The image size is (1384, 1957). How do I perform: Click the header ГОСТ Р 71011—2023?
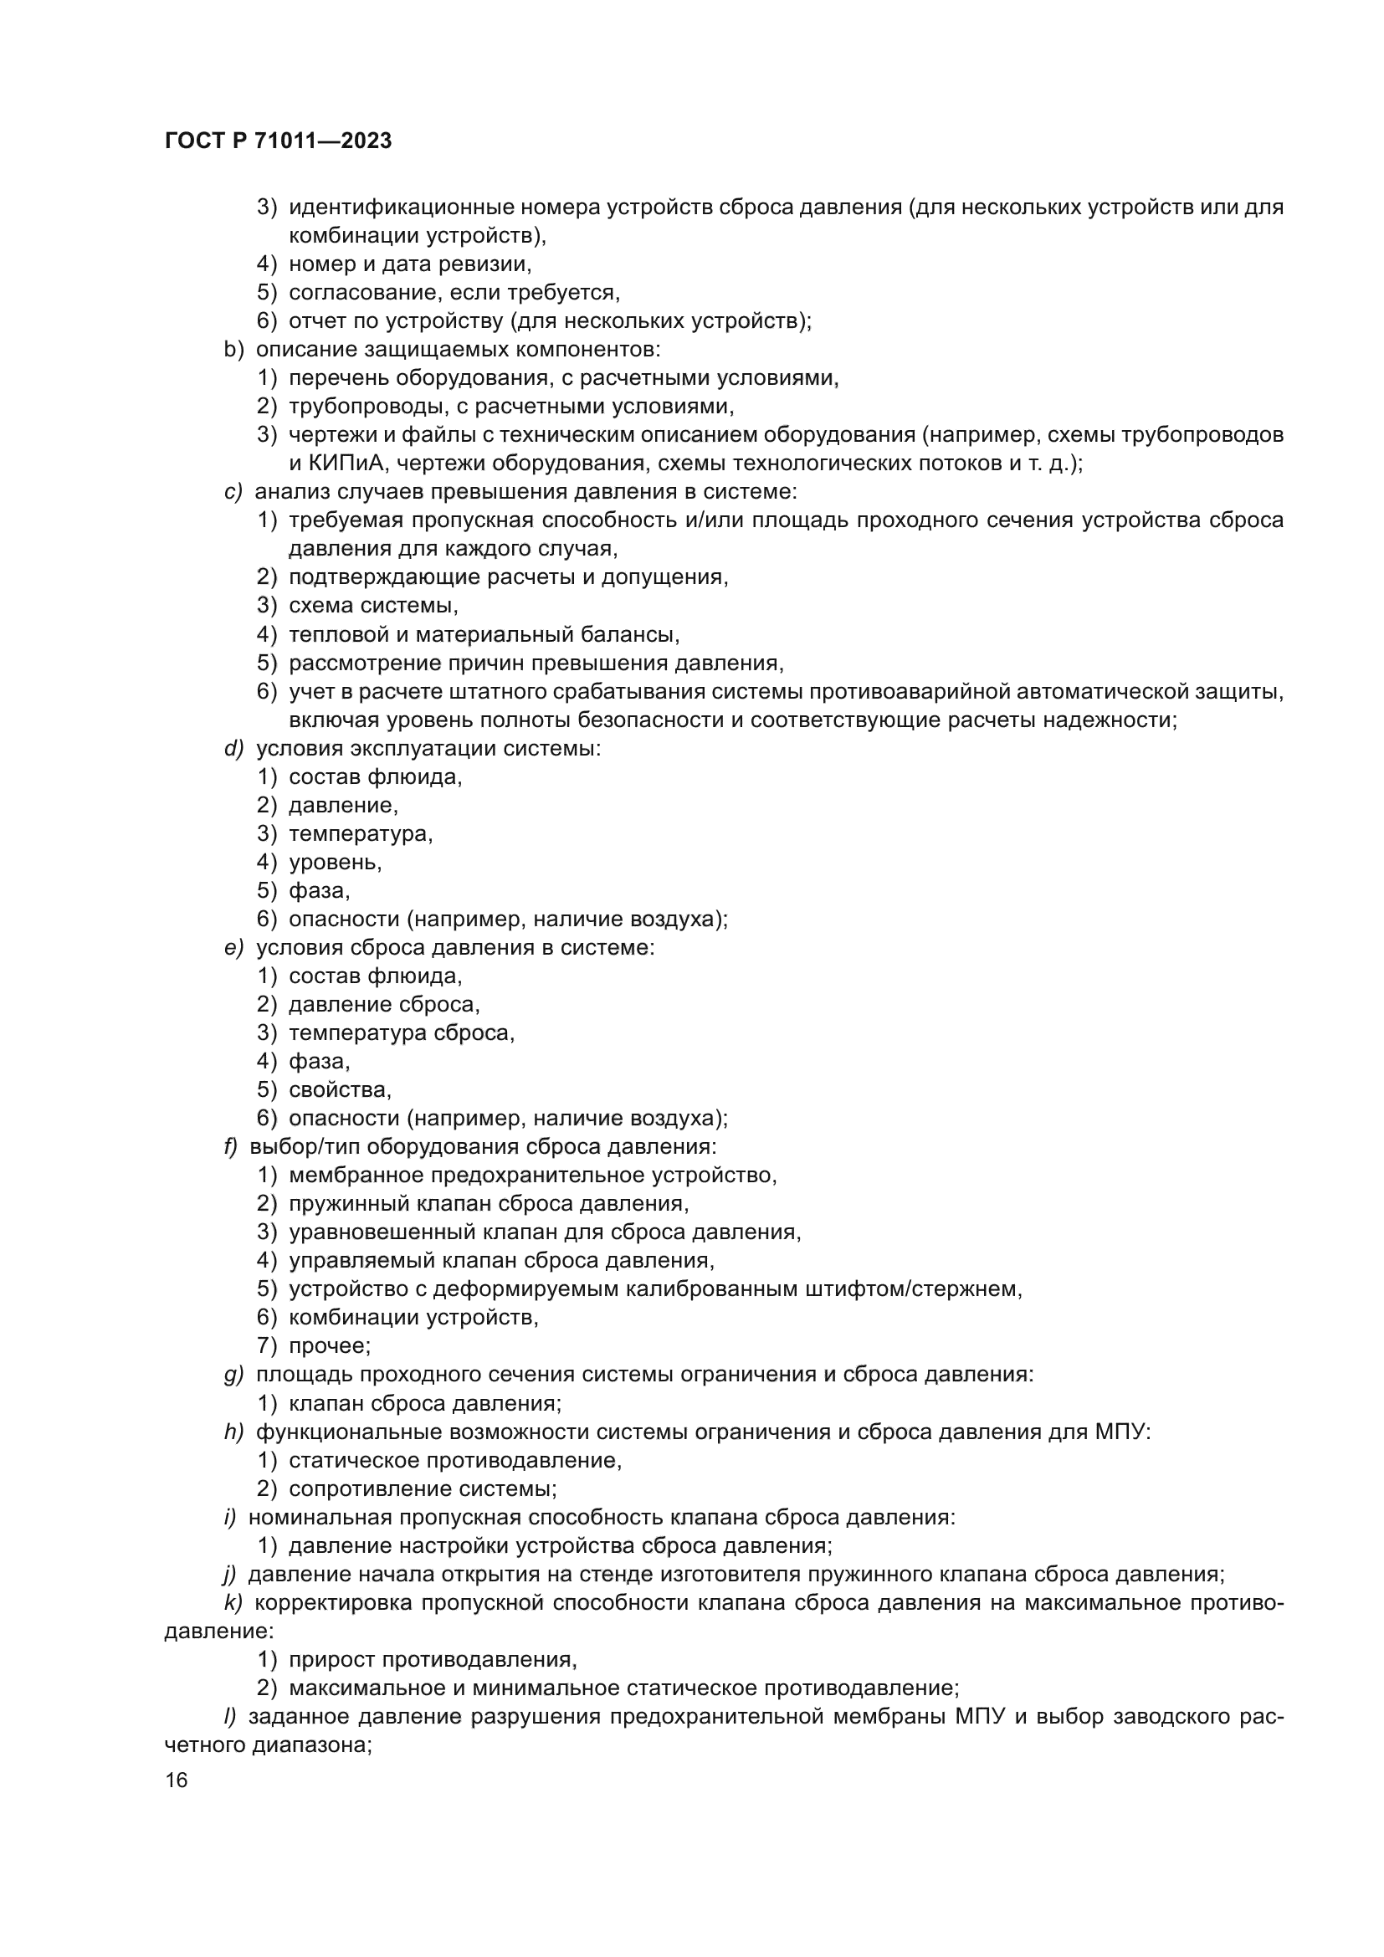pos(278,141)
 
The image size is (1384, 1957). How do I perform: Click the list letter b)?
pos(233,350)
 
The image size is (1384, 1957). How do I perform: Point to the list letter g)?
pos(233,1374)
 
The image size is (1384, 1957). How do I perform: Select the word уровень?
pos(335,862)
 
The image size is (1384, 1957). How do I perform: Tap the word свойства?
pos(340,1089)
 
